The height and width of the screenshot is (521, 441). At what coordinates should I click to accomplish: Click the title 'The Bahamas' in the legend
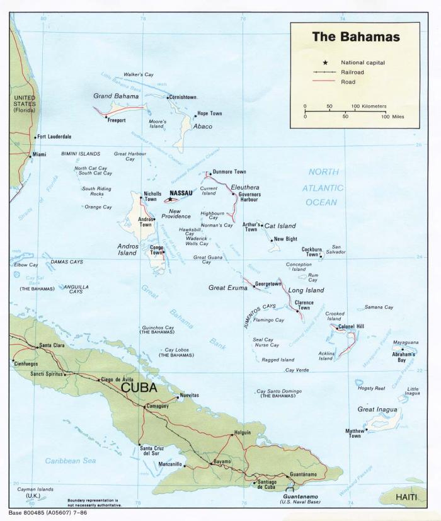355,37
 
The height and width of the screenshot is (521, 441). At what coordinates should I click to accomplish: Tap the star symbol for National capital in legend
325,62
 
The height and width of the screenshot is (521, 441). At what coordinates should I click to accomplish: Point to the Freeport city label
117,120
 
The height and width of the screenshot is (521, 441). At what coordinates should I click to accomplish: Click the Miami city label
39,154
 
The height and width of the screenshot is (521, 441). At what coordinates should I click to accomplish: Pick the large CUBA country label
139,387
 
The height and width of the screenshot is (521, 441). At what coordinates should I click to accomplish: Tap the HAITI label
407,498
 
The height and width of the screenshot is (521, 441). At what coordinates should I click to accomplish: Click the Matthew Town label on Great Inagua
355,433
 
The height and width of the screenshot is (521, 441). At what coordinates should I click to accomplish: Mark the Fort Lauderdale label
54,136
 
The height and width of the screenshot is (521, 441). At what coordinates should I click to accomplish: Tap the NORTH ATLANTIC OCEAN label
323,187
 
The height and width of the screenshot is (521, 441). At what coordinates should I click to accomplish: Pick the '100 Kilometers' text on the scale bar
369,106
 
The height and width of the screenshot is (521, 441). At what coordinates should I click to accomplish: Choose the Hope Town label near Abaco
210,113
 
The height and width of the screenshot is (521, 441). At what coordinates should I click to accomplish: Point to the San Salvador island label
336,249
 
